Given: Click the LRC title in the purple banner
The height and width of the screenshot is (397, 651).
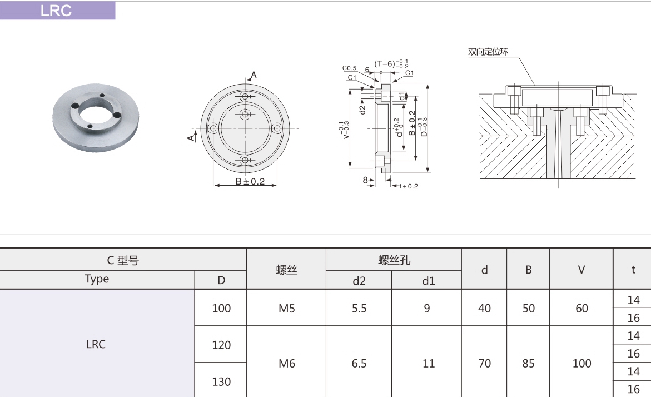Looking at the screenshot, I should coord(56,11).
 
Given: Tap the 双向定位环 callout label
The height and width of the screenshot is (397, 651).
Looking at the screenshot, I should coord(488,52).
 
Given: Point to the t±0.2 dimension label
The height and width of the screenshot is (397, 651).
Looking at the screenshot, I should coord(408,186).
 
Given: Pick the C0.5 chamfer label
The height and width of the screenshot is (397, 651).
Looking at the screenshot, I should coord(350,68).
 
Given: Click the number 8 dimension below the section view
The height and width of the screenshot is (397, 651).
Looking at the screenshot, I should coord(365,180).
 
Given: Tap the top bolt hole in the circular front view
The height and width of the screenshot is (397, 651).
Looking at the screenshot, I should coord(245,96).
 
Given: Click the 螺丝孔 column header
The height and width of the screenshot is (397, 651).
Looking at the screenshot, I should coord(394,260).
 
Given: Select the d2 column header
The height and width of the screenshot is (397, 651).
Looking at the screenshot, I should coord(359,280).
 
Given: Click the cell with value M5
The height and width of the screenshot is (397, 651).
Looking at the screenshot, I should coord(286,308).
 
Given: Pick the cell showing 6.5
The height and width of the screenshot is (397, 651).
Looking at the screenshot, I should coord(359,363).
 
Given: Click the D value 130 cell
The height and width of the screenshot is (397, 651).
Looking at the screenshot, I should coord(221,381).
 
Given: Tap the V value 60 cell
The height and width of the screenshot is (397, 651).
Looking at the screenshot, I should coord(582,308).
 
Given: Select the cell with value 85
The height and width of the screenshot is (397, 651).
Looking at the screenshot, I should coord(528,363).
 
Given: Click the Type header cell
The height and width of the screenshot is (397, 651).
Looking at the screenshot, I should coord(97,279).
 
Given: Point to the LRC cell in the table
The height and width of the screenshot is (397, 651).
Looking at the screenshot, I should coord(96,344).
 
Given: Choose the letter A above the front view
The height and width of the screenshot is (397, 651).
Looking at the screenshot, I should coord(254,75).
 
